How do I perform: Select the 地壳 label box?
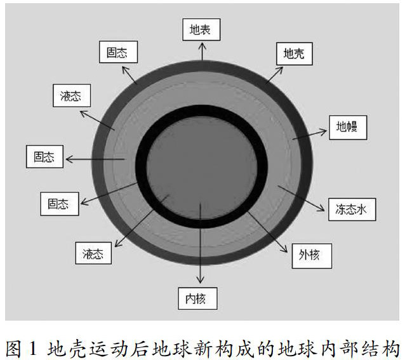(293, 53)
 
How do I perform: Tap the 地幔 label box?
(347, 128)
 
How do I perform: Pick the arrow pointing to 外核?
(270, 236)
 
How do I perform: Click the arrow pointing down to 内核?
(201, 248)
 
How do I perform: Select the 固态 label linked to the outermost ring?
(118, 53)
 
